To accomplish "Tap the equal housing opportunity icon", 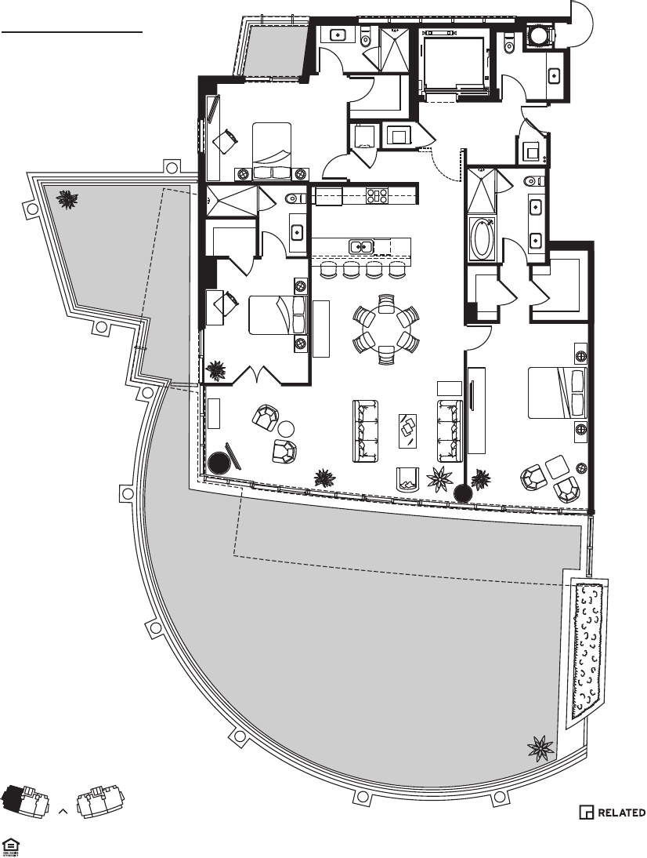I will click(11, 845).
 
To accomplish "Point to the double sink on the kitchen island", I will click(360, 247).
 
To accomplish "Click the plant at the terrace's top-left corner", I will click(68, 200).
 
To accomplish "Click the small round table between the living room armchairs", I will click(286, 428).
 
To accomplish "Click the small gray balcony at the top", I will click(273, 50).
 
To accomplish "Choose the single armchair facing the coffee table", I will click(408, 477).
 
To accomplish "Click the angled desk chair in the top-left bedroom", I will click(227, 141).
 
